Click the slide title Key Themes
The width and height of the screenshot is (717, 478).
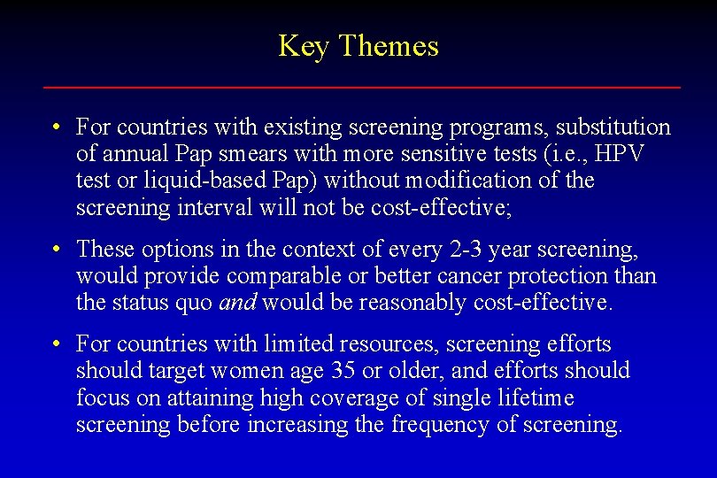click(358, 46)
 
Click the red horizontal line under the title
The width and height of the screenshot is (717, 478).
click(362, 88)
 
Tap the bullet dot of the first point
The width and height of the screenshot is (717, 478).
click(55, 127)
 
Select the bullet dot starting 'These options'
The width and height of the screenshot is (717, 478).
click(55, 250)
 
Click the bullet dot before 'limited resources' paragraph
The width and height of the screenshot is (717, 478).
click(55, 343)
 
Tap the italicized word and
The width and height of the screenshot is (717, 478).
click(237, 303)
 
